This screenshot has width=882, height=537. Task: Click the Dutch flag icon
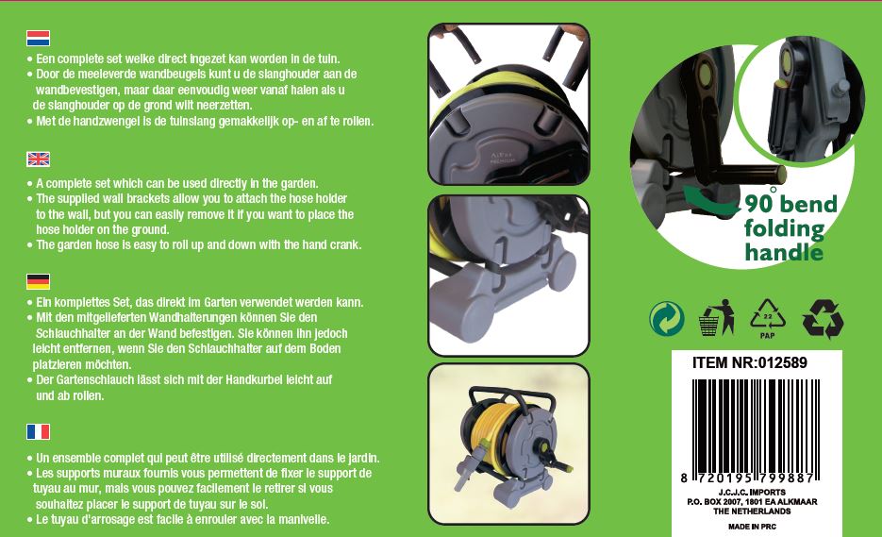click(x=39, y=39)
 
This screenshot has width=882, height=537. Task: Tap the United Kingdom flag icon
click(x=39, y=159)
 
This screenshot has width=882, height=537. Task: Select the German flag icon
click(x=39, y=281)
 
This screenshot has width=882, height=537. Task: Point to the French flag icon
click(x=39, y=431)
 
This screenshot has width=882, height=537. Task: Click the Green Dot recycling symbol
click(x=667, y=318)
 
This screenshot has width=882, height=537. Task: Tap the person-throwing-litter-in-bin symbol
click(x=717, y=317)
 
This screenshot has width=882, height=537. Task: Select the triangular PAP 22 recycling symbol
click(x=767, y=318)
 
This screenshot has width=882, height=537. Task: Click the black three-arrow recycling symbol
click(x=823, y=319)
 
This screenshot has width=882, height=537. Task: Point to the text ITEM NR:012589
click(x=750, y=362)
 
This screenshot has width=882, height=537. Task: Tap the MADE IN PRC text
click(x=752, y=527)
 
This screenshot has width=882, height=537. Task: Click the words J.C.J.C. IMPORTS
click(x=752, y=492)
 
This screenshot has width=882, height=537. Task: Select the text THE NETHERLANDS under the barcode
click(x=752, y=512)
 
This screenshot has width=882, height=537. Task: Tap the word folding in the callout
click(x=784, y=228)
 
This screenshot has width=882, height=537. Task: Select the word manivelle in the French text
click(x=302, y=519)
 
